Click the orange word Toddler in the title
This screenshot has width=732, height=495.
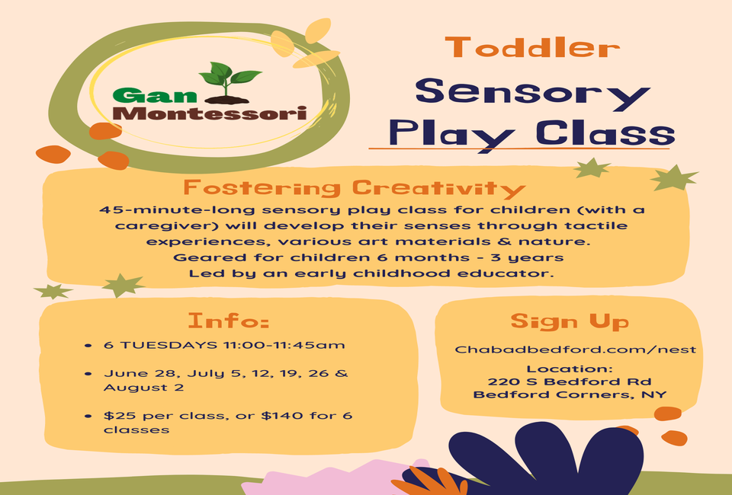[x=533, y=47]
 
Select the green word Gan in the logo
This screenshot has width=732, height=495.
[x=155, y=95]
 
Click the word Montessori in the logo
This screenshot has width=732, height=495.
[x=210, y=113]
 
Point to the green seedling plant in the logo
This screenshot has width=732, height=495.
[x=230, y=82]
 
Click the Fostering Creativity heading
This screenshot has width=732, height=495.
[x=355, y=188]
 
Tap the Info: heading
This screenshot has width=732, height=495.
[x=228, y=321]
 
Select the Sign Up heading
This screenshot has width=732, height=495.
[x=570, y=321]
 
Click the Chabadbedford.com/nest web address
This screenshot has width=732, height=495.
[x=575, y=350]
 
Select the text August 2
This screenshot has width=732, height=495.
[x=143, y=388]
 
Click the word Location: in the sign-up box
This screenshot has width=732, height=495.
[x=570, y=369]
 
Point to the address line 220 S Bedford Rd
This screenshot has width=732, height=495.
[x=570, y=382]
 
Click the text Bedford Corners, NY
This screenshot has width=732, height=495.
[x=570, y=394]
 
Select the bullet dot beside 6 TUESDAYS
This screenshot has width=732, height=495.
[x=88, y=346]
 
